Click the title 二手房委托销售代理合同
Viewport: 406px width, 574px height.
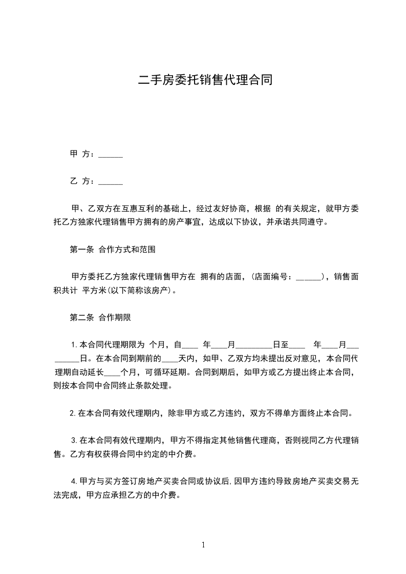click(205, 80)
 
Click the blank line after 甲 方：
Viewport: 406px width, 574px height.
click(110, 154)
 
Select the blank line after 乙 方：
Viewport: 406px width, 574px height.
click(110, 181)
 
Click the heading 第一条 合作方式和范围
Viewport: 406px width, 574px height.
click(113, 250)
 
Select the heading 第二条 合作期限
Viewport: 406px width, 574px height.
click(100, 317)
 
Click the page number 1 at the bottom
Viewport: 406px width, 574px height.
click(203, 545)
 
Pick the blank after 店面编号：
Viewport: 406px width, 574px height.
click(308, 277)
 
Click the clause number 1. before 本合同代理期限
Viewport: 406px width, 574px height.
click(74, 344)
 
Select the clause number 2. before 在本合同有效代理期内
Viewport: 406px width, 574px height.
click(73, 413)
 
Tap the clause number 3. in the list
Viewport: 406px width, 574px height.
click(74, 440)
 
